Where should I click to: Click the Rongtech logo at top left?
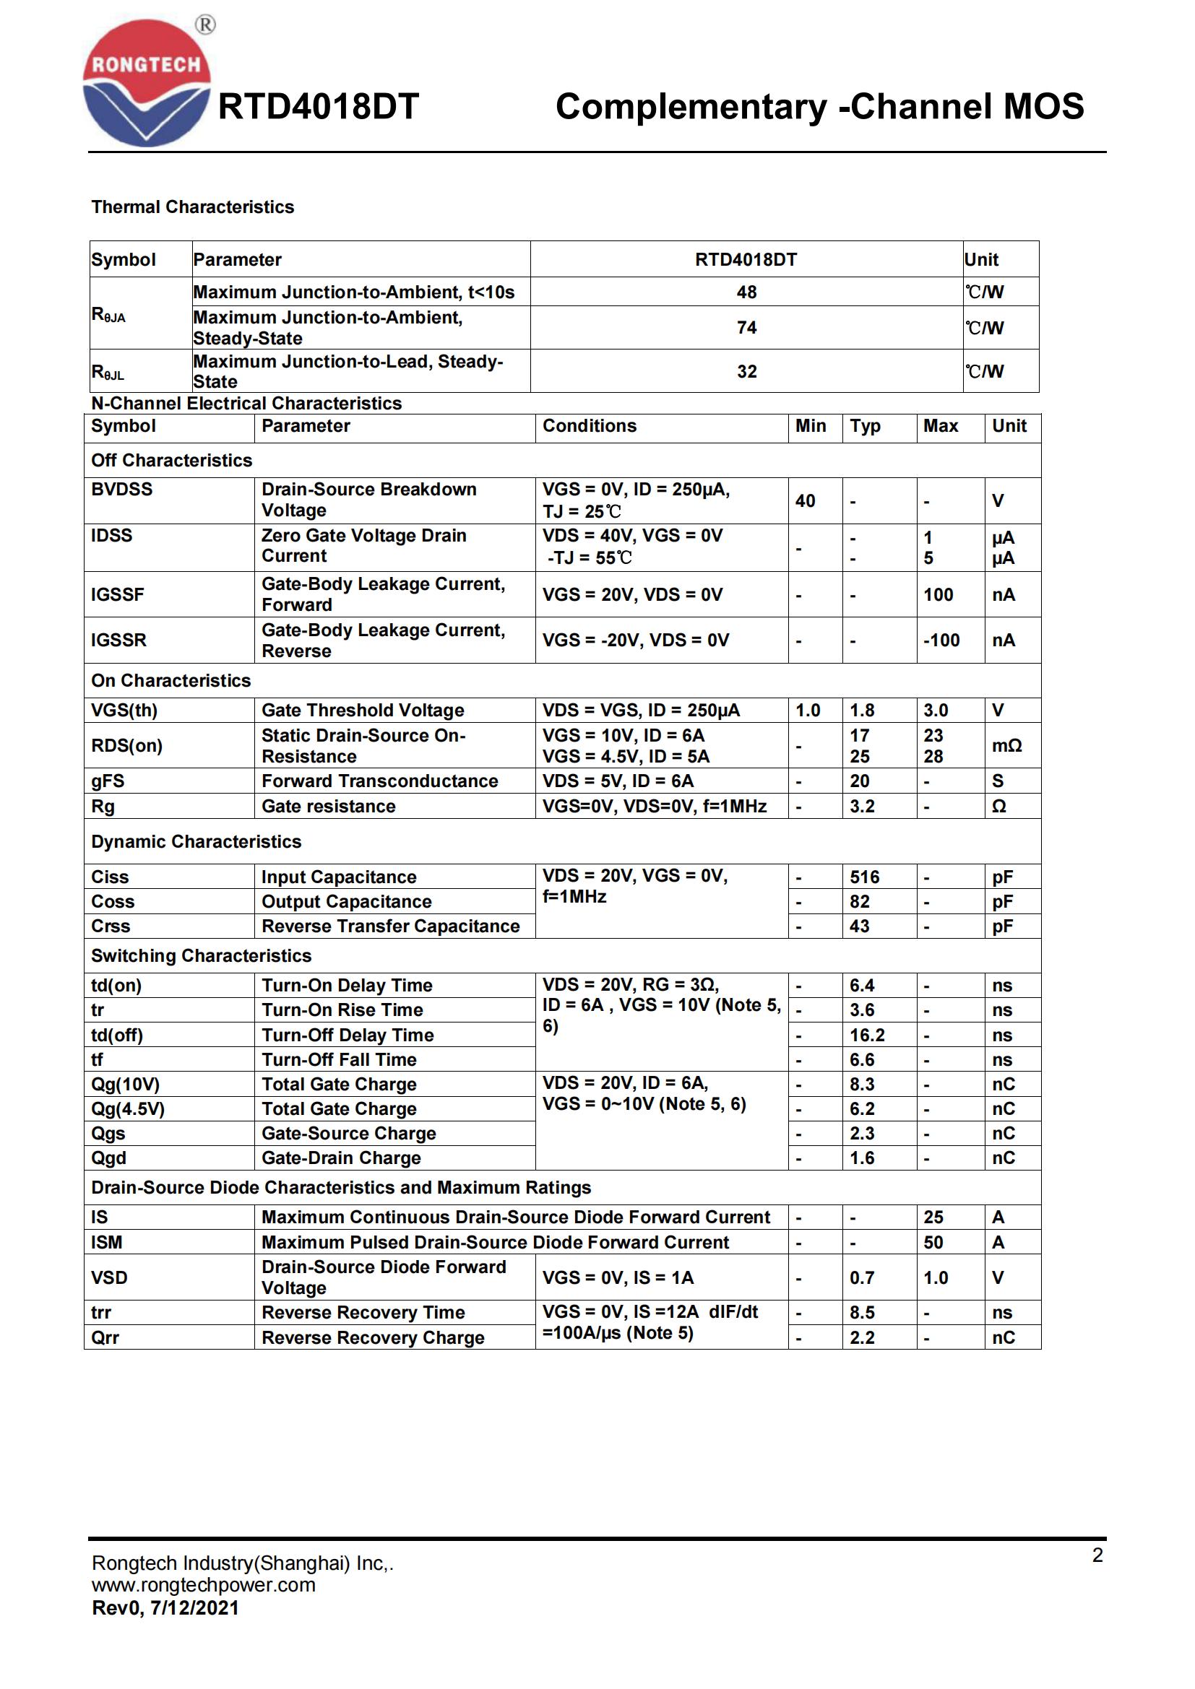[x=147, y=82]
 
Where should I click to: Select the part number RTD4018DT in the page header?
[x=318, y=107]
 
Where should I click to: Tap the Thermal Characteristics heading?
[x=192, y=207]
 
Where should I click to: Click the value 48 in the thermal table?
[x=746, y=292]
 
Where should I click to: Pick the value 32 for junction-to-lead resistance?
[x=746, y=371]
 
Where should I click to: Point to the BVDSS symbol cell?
[x=122, y=489]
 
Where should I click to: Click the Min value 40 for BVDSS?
[x=805, y=501]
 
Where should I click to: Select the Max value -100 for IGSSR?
[x=941, y=640]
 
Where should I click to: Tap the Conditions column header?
[x=590, y=426]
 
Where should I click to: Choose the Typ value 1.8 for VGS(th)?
[x=862, y=710]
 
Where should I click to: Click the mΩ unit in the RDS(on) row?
[x=1006, y=746]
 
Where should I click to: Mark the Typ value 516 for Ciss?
[x=865, y=877]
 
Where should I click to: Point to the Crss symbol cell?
[x=111, y=926]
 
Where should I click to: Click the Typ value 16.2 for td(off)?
[x=867, y=1035]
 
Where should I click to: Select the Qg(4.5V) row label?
[x=128, y=1108]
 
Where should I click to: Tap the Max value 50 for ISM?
[x=933, y=1243]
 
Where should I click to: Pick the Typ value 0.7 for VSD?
[x=862, y=1278]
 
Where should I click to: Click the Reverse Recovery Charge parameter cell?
[x=373, y=1337]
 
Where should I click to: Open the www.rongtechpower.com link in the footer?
[x=204, y=1584]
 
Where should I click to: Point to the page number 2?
[x=1097, y=1555]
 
